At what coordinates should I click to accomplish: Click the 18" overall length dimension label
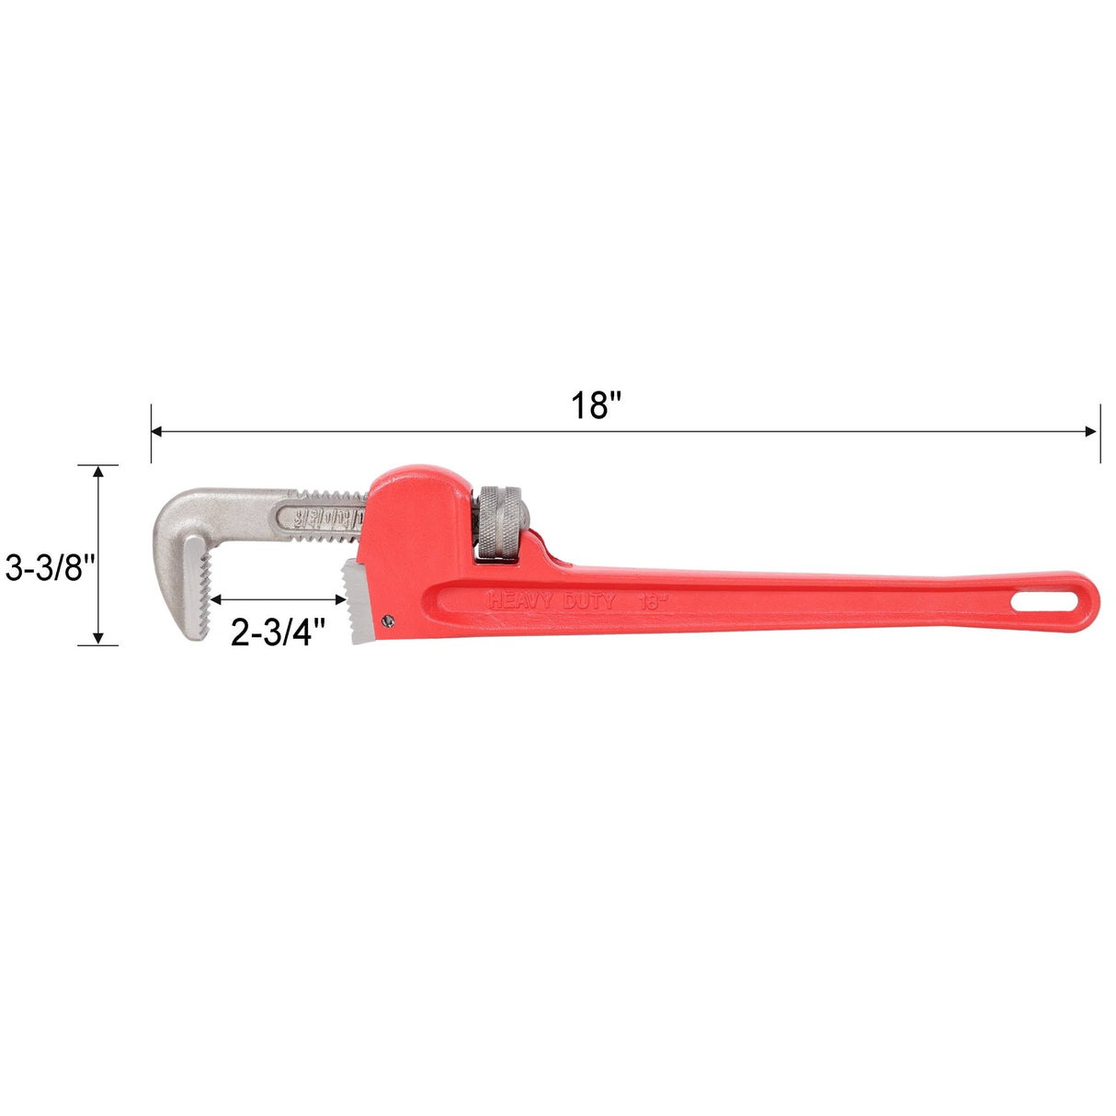click(597, 404)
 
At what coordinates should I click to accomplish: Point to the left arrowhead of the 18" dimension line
click(157, 431)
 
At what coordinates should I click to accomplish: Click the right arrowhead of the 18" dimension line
click(1093, 431)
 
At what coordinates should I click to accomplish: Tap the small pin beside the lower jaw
click(388, 620)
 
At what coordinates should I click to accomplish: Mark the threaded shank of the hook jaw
click(326, 511)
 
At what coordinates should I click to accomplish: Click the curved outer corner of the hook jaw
click(175, 510)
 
